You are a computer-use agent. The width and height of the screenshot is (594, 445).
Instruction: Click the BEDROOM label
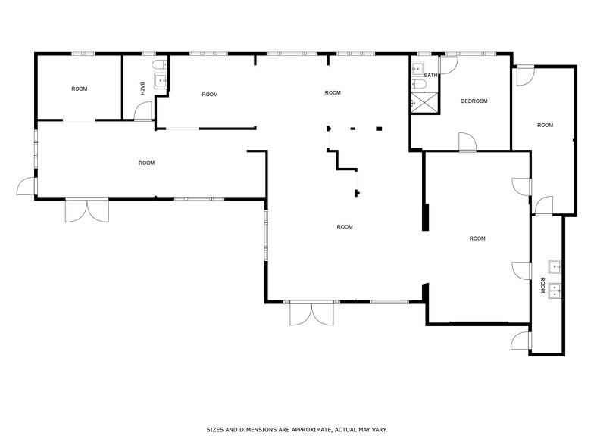pos(474,101)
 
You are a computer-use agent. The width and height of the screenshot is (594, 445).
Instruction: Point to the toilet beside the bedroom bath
pos(416,85)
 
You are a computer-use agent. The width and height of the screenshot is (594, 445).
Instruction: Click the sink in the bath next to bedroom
pos(417,69)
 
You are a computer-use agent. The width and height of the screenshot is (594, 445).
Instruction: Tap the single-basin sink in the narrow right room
pos(555,266)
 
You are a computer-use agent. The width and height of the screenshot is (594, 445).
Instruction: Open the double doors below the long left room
pos(87,210)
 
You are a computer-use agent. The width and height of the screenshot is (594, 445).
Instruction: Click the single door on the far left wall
pos(28,185)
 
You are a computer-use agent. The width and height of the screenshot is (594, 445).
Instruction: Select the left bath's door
pos(143,111)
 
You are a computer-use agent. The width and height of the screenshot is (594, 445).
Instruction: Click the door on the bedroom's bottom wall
pos(467,142)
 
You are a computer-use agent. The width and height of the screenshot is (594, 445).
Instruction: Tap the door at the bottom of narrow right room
pos(521,341)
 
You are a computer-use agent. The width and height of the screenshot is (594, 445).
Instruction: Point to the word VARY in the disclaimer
pos(377,429)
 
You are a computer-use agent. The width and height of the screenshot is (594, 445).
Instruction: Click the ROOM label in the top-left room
pos(80,89)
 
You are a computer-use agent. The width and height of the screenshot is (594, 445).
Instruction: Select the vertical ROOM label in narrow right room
pos(542,286)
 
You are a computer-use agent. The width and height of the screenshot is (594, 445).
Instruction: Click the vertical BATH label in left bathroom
pos(142,89)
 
